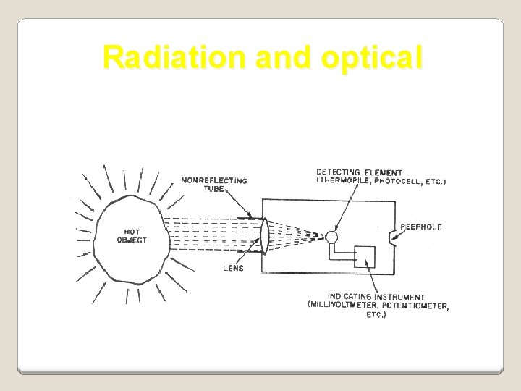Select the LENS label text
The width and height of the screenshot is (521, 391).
coord(234,268)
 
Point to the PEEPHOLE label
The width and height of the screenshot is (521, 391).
coord(420,227)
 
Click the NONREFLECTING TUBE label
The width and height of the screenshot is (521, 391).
coord(213,184)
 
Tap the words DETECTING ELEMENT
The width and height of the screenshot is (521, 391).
coord(360,172)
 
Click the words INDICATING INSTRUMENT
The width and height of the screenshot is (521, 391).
coord(376,297)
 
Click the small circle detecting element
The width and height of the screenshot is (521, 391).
coord(332,236)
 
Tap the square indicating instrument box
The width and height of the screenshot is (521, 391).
coord(365,257)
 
